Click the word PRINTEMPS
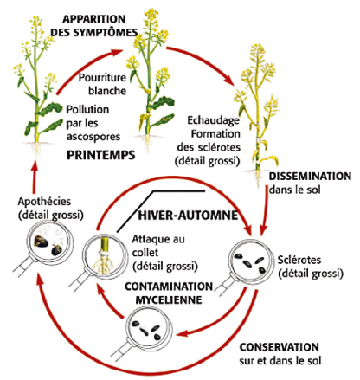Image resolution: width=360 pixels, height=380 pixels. (101, 155)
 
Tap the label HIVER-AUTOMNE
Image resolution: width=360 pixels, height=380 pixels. (189, 216)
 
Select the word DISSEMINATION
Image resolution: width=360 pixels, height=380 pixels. (310, 176)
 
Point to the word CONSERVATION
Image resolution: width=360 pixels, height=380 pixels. (279, 347)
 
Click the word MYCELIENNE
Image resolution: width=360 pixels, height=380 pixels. (169, 299)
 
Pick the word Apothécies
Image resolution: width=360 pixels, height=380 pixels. (44, 202)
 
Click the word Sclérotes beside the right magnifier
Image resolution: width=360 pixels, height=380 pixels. (299, 260)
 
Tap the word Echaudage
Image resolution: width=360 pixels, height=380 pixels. (213, 120)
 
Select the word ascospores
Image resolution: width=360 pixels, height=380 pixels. (93, 137)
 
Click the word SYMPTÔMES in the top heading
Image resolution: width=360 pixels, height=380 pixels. (106, 32)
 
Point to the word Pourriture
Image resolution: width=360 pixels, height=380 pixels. (102, 78)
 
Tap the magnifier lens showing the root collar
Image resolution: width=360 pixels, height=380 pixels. (105, 254)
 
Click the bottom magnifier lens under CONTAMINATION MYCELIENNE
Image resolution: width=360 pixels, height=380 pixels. (148, 329)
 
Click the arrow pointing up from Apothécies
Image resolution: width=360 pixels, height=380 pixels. (35, 178)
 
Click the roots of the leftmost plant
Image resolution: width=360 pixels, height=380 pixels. (37, 150)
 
